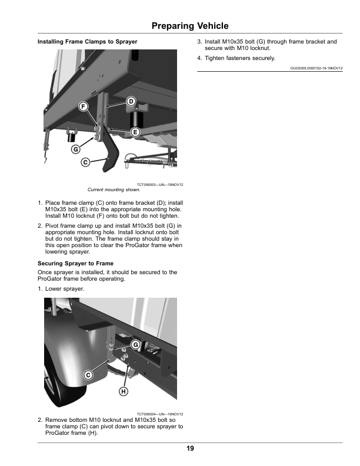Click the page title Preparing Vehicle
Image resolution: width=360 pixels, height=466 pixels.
point(189,26)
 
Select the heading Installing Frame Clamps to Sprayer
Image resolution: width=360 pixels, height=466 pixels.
point(88,42)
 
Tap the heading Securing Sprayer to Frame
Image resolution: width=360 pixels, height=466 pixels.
point(75,263)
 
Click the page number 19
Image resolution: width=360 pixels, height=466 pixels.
point(189,448)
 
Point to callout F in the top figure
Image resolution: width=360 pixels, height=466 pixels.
point(84,106)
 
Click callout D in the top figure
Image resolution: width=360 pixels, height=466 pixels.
point(131,101)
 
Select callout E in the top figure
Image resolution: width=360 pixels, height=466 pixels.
point(135,132)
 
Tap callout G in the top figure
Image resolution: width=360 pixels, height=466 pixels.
point(75,149)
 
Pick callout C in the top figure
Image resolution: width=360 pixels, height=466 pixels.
point(85,162)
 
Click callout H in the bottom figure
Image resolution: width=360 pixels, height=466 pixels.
point(124,391)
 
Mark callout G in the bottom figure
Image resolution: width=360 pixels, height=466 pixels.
point(135,344)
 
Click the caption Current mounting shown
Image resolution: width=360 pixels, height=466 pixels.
point(114,190)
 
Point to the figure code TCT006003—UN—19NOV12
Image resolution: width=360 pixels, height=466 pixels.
point(159,185)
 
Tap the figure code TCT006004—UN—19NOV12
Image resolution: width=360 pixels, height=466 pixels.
point(159,414)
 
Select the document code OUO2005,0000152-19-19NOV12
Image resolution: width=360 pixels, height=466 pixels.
point(316,68)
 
